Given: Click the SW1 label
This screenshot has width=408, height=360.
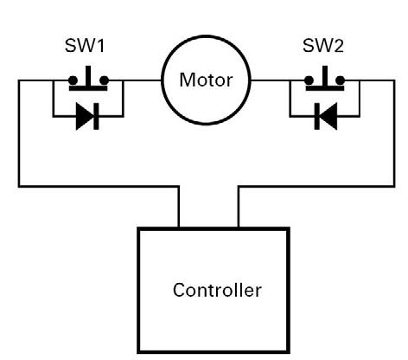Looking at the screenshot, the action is coord(85,46).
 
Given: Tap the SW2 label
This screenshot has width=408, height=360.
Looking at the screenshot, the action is coord(323,46).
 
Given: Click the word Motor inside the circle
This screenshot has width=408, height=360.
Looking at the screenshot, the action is coord(206,80).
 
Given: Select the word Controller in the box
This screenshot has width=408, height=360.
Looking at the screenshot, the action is coord(217,290).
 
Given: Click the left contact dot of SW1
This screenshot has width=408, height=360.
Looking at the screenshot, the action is coord(73,80).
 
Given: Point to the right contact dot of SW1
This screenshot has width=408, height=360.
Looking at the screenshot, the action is coord(104,80).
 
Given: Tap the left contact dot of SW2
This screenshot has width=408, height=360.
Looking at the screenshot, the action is coord(309,80).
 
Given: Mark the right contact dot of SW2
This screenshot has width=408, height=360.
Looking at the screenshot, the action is coord(340,80).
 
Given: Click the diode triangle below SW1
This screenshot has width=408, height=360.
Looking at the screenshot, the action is coord(85,116).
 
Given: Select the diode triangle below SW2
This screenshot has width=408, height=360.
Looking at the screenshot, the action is coord(328,116).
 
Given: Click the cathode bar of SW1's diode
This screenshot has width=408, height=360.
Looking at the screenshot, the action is coord(96,116).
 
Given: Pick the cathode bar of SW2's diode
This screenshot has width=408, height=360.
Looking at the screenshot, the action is coord(317,116).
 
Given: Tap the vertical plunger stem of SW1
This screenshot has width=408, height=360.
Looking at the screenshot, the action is coord(88,76).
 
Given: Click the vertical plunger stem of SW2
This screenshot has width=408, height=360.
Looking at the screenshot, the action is coord(325,76).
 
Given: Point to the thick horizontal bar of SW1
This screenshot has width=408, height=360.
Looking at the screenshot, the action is coord(88,88).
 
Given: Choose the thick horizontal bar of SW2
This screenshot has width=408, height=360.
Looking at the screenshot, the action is coord(325,88).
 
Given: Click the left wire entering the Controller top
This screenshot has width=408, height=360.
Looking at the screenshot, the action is coord(179,207).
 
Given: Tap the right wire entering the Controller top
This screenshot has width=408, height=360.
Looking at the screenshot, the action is coord(239,207).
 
